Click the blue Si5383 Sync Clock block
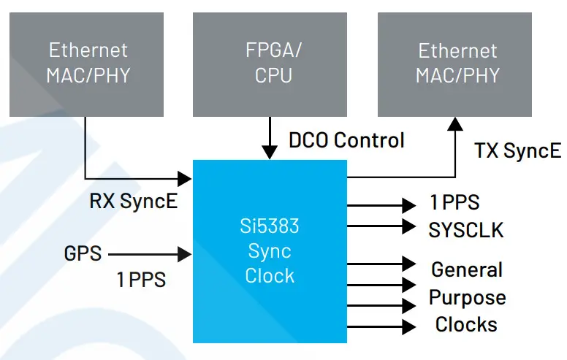(x=270, y=251)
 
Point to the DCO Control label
(x=346, y=139)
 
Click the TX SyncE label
(x=517, y=151)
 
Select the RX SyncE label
(x=134, y=202)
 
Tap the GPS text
(x=83, y=254)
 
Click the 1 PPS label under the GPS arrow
(x=141, y=280)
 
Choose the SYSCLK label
(x=465, y=230)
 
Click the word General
(x=467, y=269)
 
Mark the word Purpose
(x=467, y=297)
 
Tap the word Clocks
(x=466, y=324)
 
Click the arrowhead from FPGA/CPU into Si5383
(x=270, y=151)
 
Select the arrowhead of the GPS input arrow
(x=185, y=254)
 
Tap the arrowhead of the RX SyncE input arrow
(x=185, y=177)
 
